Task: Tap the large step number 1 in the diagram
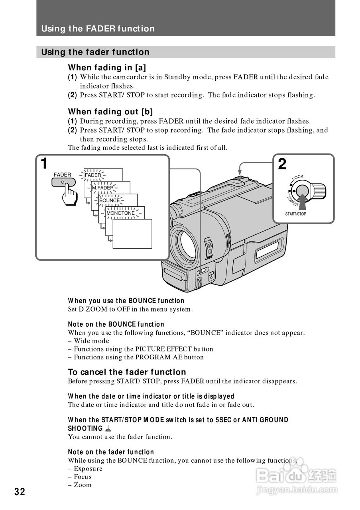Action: pos(44,164)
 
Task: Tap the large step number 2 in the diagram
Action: pos(282,164)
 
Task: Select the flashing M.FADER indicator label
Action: pos(102,188)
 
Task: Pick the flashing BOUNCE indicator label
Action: pos(109,200)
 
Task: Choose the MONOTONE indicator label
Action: pos(120,213)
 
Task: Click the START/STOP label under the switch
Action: pos(295,214)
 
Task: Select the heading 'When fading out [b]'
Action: pos(110,112)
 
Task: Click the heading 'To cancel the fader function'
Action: pos(127,372)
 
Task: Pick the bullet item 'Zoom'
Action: pos(83,485)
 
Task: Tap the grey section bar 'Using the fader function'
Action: pos(186,52)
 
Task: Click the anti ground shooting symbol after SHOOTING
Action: pos(108,429)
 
